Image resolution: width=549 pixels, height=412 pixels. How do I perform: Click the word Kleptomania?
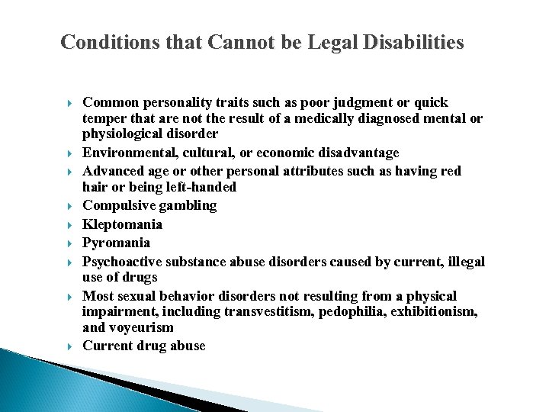click(123, 224)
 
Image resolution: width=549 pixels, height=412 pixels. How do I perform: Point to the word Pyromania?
click(117, 243)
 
